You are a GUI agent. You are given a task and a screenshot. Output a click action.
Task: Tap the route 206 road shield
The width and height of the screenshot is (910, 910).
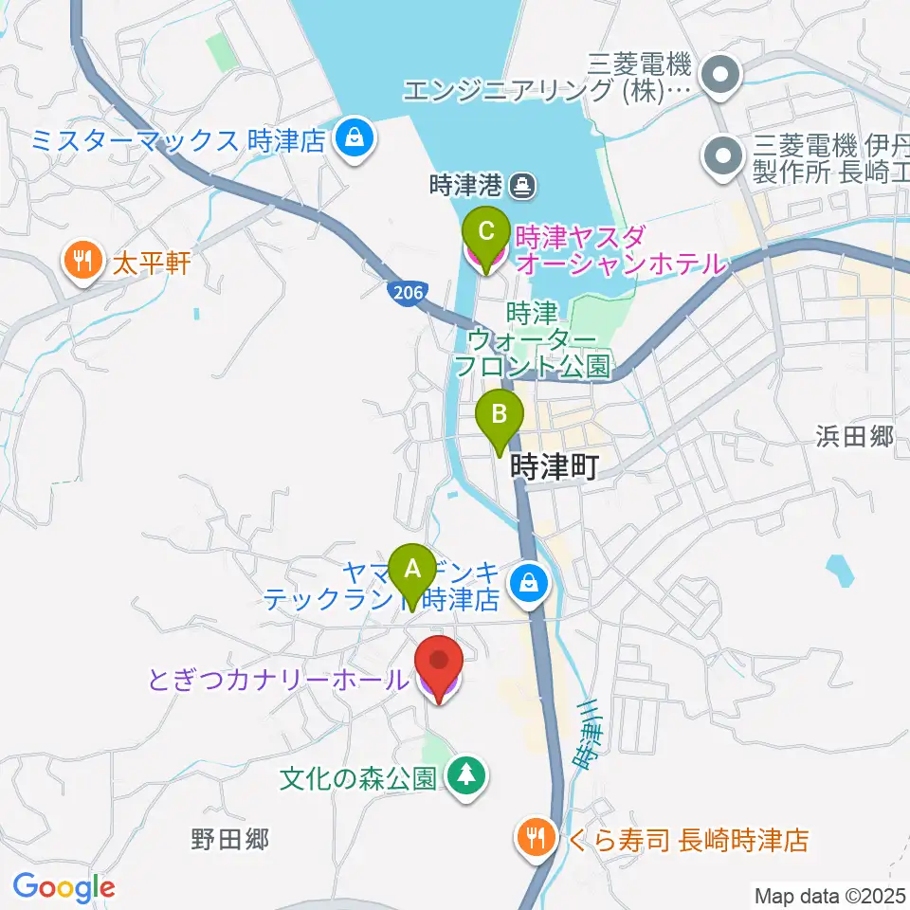[407, 293]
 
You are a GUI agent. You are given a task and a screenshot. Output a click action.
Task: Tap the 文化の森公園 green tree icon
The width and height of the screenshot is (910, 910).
[464, 778]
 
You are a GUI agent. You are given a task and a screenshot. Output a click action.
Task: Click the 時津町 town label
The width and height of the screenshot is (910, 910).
[554, 466]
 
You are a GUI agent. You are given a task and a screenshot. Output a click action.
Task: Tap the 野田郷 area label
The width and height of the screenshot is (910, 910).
[230, 839]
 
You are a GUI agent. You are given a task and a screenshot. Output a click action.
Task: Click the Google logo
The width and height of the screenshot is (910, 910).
[64, 888]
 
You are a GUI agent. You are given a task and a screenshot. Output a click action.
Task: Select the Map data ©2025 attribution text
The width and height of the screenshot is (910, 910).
[828, 895]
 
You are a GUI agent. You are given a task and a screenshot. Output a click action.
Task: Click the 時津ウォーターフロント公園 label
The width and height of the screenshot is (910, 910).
[530, 339]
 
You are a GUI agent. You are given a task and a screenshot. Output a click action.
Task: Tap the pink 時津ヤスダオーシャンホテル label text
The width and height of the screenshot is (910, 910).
[621, 248]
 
